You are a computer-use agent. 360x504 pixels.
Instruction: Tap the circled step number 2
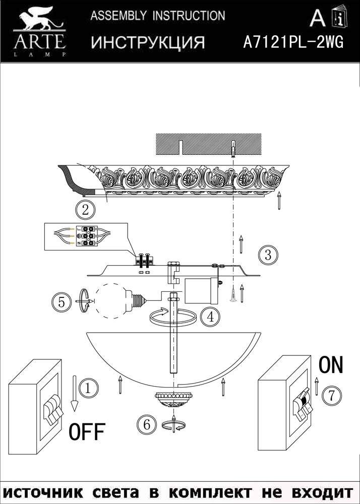coord(85,211)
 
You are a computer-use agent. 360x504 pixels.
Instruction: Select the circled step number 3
coord(268,255)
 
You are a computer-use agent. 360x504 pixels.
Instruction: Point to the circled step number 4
coord(210,317)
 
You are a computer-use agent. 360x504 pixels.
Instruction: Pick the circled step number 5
coord(62,302)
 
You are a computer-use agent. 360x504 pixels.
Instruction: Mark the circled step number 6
coord(147,425)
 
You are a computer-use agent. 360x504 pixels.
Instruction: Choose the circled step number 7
coord(332,395)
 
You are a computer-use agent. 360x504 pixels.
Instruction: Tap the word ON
coord(331,365)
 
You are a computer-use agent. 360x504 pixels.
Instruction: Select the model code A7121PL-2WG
coord(293,42)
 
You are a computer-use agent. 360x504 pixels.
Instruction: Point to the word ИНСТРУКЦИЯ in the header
coord(148,42)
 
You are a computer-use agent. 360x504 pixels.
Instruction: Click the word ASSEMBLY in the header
coord(118,16)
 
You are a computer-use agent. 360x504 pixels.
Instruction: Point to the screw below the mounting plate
coord(233,295)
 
